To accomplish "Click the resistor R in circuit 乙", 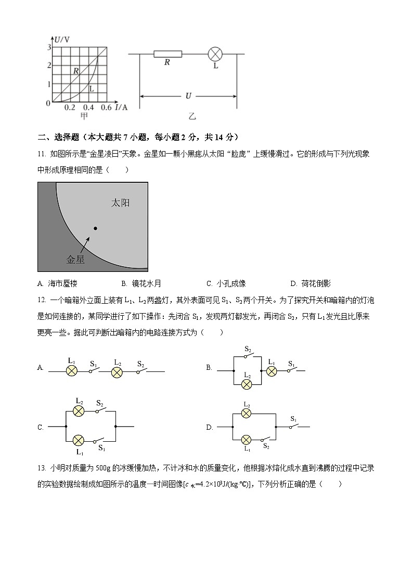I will point(167,53).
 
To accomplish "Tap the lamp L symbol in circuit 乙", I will point(215,53).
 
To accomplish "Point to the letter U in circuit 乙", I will point(188,96).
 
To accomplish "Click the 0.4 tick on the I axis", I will point(88,107).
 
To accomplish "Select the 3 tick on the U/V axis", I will point(49,47).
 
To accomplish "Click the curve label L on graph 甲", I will point(91,89).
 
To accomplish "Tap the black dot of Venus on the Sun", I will point(95,228).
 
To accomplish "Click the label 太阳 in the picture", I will point(120,203).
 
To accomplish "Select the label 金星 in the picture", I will point(75,259).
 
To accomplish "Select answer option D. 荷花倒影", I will point(311,283).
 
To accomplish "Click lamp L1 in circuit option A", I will point(72,371).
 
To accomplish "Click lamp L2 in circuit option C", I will point(79,411).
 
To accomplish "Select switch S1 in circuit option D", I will point(293,426).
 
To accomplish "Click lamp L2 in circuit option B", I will point(248,384).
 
